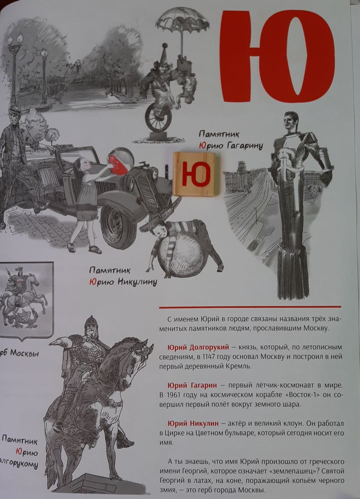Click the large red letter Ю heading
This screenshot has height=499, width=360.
click(x=278, y=56)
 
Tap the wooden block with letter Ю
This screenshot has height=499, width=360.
click(x=196, y=174)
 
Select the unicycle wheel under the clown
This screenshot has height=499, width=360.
click(x=158, y=117)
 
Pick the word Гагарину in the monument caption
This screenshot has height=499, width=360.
click(x=245, y=146)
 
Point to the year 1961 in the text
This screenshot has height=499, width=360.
click(x=173, y=395)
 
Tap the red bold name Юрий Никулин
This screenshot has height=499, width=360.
click(x=193, y=424)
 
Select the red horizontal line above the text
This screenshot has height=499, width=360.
click(x=250, y=307)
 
